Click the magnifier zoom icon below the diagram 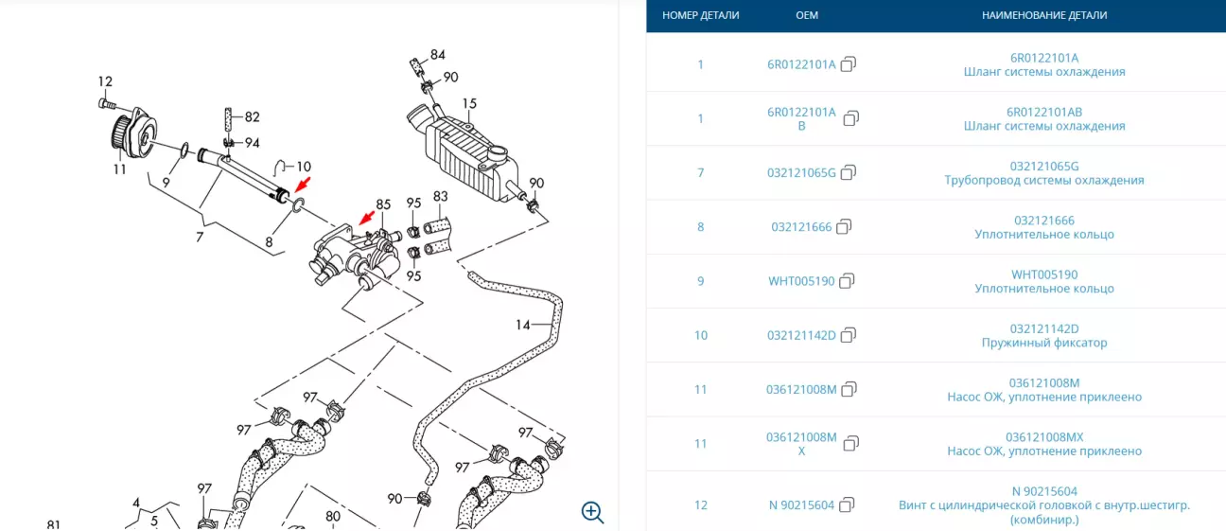tap(592, 512)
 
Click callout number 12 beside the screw tap(105, 81)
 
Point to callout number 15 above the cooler tap(469, 103)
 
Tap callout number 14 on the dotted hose tap(523, 326)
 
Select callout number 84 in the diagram tap(437, 55)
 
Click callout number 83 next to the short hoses tap(441, 197)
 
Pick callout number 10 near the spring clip tap(304, 167)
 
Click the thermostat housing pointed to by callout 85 tap(350, 253)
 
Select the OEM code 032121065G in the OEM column tap(801, 172)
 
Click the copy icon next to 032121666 tap(845, 226)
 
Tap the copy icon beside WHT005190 tap(848, 281)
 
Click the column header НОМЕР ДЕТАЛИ tap(701, 15)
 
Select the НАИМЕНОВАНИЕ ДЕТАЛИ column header tap(1044, 15)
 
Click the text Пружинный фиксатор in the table tap(1044, 343)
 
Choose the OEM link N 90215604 tap(801, 504)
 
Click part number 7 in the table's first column tap(701, 172)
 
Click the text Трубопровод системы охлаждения tap(1044, 180)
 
